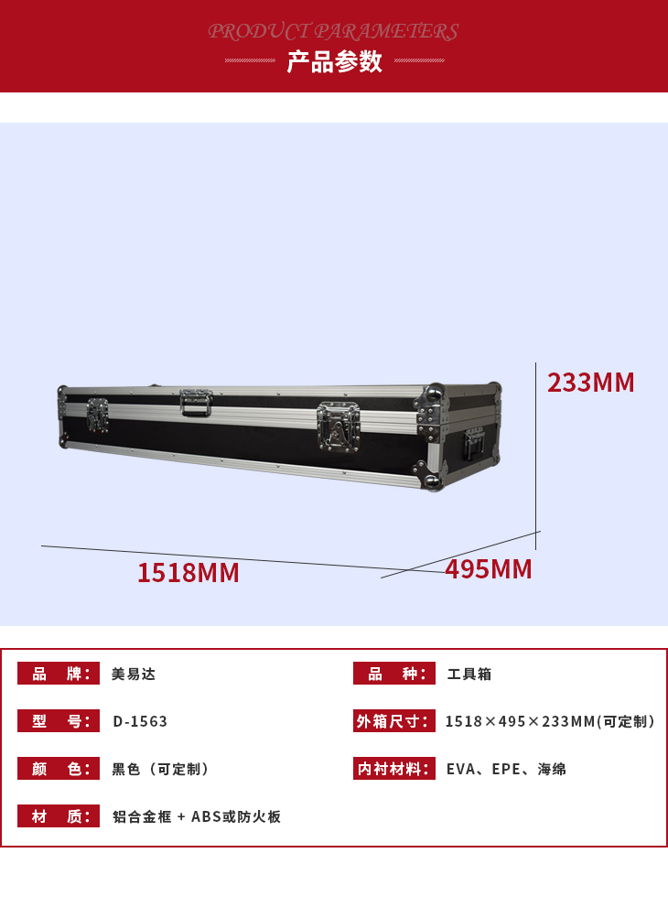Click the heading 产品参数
click(x=334, y=61)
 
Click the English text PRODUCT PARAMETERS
click(x=334, y=31)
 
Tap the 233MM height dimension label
click(x=590, y=383)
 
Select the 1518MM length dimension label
click(x=188, y=573)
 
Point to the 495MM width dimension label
click(x=488, y=569)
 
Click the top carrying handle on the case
click(x=196, y=403)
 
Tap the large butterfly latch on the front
click(x=339, y=427)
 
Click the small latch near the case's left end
click(x=97, y=416)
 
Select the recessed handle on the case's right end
click(x=474, y=444)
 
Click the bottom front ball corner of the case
click(x=433, y=481)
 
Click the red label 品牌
click(x=59, y=674)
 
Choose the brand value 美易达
click(x=134, y=674)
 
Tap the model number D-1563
click(x=140, y=721)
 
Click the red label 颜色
click(x=59, y=769)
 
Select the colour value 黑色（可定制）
click(x=160, y=769)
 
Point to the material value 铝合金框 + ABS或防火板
click(x=197, y=816)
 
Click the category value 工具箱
click(x=469, y=674)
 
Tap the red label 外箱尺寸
click(x=393, y=721)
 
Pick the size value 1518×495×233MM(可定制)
click(x=550, y=721)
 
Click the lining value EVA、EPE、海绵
click(x=506, y=769)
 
